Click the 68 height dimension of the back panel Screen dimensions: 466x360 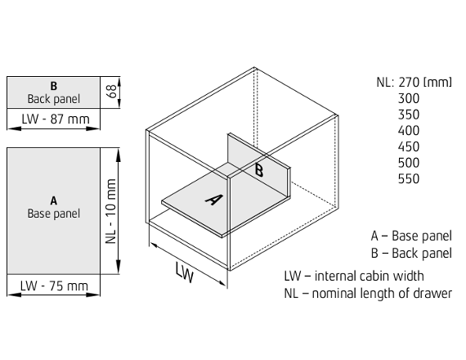[112, 92]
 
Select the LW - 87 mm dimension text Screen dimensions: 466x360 [56, 119]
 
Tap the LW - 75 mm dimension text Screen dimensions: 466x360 [54, 286]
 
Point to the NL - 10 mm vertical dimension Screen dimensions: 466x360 [111, 211]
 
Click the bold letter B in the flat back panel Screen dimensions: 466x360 [53, 86]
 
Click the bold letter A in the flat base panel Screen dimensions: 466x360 [53, 200]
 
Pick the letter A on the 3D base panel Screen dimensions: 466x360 [214, 200]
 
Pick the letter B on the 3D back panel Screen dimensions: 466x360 [259, 170]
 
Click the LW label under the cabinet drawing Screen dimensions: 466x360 [184, 272]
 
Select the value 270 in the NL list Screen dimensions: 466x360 [409, 83]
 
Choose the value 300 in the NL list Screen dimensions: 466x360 [409, 98]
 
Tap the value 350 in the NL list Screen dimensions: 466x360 [409, 115]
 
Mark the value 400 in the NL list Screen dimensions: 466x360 [409, 131]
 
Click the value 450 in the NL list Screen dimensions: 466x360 [409, 146]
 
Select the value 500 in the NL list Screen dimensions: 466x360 [409, 163]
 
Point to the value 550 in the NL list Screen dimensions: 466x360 [409, 179]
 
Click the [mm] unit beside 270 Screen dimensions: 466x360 [437, 83]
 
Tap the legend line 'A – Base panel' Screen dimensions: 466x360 [411, 236]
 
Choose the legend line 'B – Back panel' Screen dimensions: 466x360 [411, 253]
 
